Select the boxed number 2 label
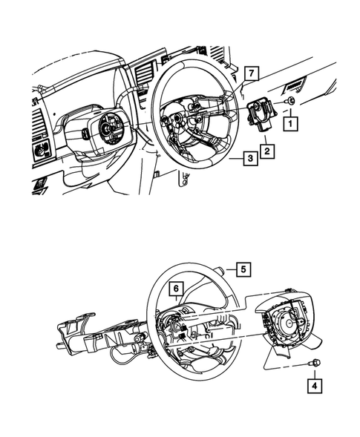[266, 152]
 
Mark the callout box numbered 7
[252, 73]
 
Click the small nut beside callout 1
[291, 100]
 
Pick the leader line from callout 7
[246, 87]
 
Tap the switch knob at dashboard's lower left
[37, 151]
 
